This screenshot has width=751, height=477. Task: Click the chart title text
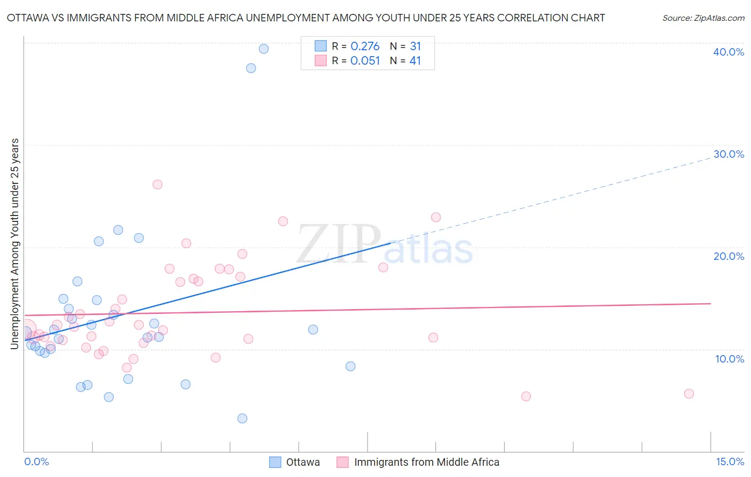tap(306, 18)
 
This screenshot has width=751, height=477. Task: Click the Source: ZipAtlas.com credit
tap(703, 18)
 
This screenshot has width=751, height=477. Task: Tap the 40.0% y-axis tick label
tap(729, 52)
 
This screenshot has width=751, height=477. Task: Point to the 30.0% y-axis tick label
tap(729, 154)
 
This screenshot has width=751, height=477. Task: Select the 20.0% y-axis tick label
tap(729, 256)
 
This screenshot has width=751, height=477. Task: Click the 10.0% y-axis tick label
tap(729, 359)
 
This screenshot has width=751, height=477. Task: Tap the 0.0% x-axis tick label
tap(36, 461)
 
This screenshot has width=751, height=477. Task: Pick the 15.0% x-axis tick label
tap(730, 461)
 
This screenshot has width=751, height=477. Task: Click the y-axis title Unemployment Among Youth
tap(14, 244)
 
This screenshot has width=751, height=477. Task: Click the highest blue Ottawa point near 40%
tap(263, 49)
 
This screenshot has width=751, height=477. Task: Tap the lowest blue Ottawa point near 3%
tap(242, 418)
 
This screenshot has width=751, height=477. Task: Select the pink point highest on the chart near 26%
tap(157, 184)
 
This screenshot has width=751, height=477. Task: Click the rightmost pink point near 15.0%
tap(689, 394)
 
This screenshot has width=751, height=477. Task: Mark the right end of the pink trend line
tap(711, 303)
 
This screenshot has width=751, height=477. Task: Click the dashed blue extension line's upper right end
tap(711, 158)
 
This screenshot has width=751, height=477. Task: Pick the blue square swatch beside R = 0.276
tap(320, 46)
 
